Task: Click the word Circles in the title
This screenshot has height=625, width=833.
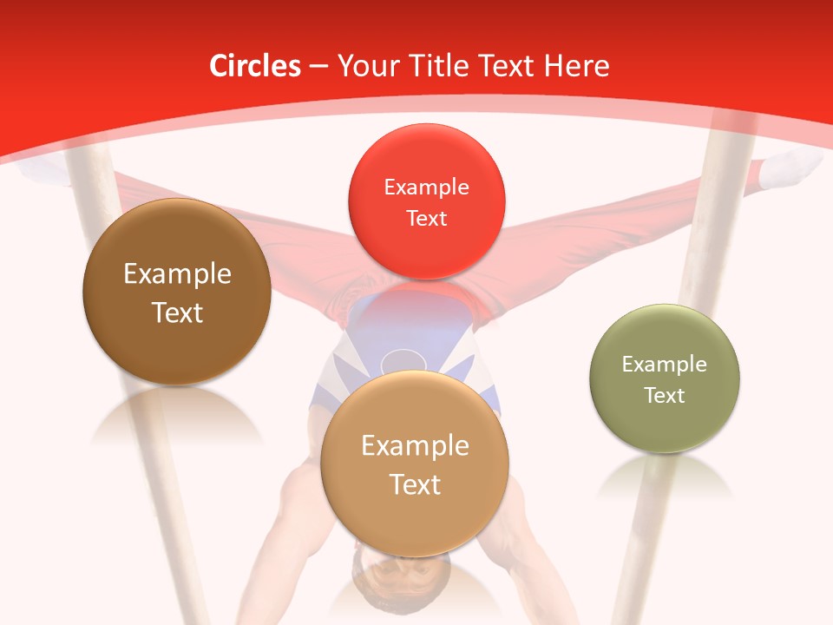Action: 254,66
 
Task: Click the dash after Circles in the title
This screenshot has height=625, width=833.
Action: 318,67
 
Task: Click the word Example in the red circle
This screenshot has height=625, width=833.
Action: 426,187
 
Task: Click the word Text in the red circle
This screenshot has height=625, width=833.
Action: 426,218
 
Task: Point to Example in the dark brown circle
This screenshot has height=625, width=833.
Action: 177,274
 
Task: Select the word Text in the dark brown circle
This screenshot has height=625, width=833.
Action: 177,312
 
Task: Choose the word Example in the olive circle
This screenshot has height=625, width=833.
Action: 665,365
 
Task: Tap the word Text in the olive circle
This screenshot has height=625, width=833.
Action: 665,396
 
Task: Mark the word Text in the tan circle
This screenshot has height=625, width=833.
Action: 415,484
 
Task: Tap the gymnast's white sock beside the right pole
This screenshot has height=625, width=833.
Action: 791,168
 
